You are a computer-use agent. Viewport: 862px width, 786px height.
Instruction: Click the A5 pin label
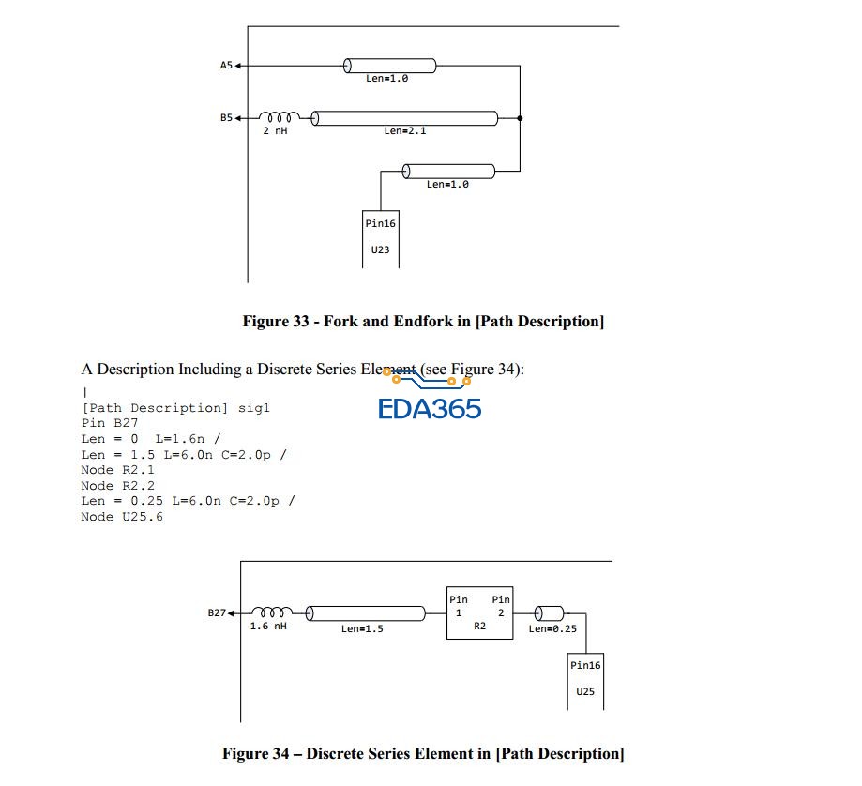coord(225,66)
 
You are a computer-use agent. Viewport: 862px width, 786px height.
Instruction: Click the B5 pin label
coord(225,118)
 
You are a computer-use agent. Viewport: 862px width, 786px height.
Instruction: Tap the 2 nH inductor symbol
coord(279,117)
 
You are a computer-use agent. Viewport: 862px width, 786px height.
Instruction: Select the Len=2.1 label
coord(404,131)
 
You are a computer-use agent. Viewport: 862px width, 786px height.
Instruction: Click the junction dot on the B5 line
coord(520,118)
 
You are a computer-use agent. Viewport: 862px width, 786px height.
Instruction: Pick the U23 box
coord(381,238)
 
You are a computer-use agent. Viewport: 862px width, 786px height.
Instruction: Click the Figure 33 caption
coord(423,322)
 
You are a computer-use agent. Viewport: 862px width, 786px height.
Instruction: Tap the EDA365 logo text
coord(430,408)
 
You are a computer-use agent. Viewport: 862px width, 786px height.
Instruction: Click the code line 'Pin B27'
coord(110,423)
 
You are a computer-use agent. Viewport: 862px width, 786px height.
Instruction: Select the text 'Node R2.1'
coord(117,469)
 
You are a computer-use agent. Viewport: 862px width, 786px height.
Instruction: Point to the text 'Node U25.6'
coord(121,516)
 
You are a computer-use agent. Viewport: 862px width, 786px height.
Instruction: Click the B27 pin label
coord(216,612)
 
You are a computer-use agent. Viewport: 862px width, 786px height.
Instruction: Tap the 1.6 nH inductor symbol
coord(272,612)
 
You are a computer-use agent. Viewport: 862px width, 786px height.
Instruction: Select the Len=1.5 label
coord(362,628)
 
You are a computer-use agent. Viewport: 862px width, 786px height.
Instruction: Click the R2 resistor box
coord(479,612)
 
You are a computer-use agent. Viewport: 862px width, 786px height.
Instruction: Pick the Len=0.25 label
coord(552,628)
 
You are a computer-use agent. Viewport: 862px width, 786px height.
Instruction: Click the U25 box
coord(585,680)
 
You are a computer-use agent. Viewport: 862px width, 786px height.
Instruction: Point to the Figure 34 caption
coord(422,753)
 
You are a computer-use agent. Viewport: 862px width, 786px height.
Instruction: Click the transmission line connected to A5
coord(389,66)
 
